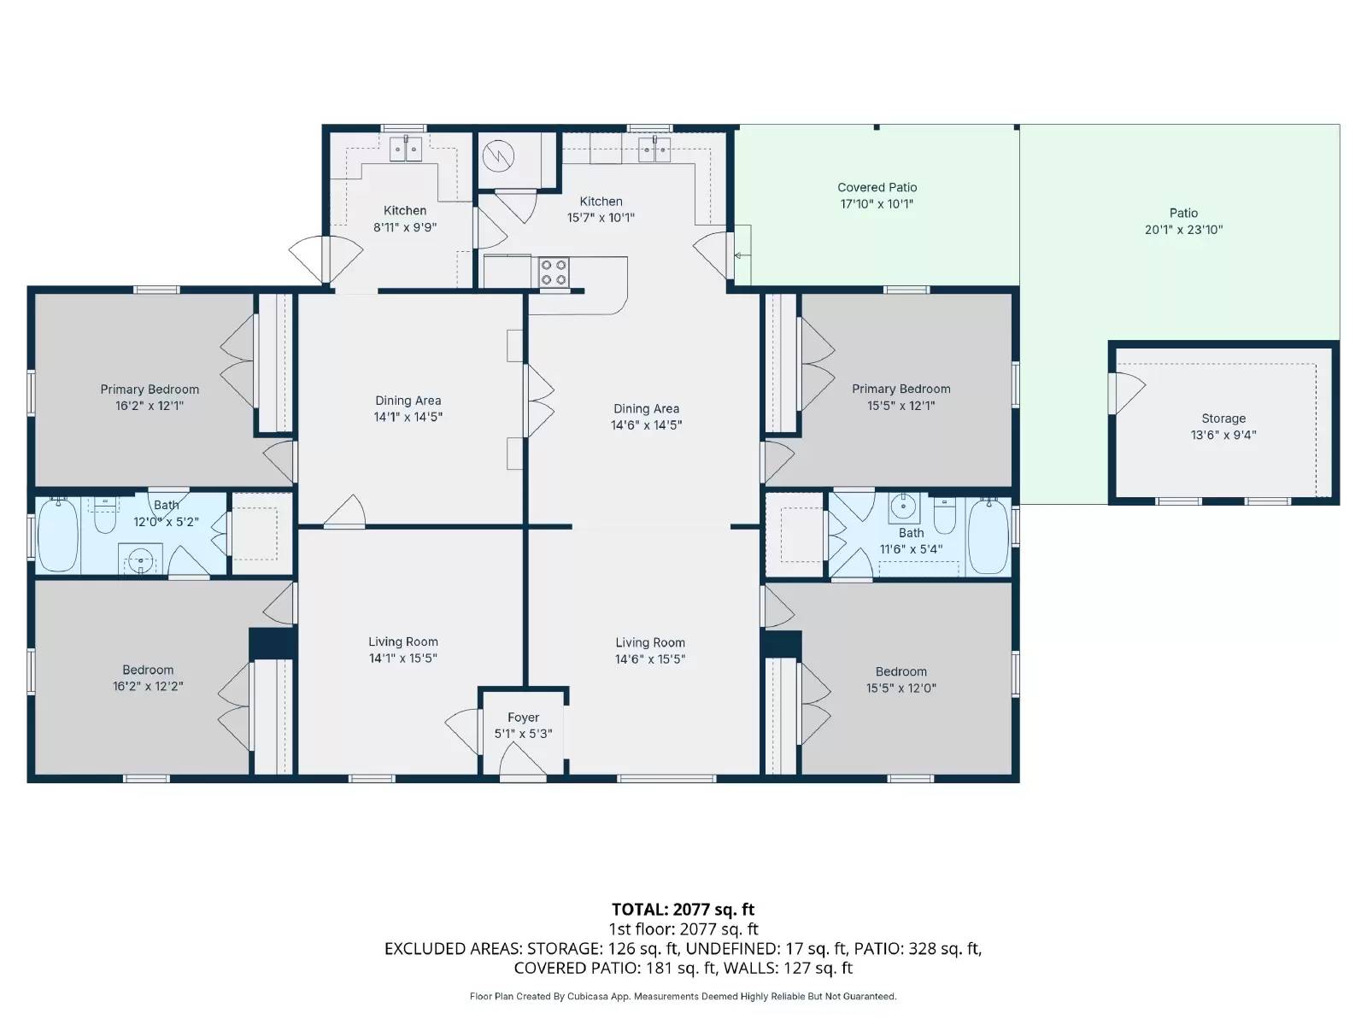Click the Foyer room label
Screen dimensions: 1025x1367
[523, 717]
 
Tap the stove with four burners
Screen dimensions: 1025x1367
[554, 272]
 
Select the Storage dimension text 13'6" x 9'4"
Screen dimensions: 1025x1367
[1223, 435]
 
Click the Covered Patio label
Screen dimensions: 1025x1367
[877, 187]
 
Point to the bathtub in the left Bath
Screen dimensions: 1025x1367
[58, 535]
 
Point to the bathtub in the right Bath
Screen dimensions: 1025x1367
[989, 536]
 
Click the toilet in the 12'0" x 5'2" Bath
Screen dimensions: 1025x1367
[104, 516]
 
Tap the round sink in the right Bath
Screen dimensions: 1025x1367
[903, 508]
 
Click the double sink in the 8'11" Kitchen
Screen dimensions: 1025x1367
[406, 149]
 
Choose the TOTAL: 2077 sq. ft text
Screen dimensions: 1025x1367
[683, 910]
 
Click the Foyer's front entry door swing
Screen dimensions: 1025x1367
[521, 760]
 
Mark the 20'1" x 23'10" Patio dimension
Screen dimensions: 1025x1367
[1183, 230]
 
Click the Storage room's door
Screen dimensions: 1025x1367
[1126, 392]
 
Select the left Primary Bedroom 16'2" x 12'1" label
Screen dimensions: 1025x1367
[150, 397]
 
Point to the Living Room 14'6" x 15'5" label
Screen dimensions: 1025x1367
[650, 651]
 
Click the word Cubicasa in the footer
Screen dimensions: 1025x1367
[586, 996]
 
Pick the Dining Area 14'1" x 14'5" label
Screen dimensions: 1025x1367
[408, 408]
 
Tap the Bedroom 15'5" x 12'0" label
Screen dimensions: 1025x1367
[901, 679]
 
